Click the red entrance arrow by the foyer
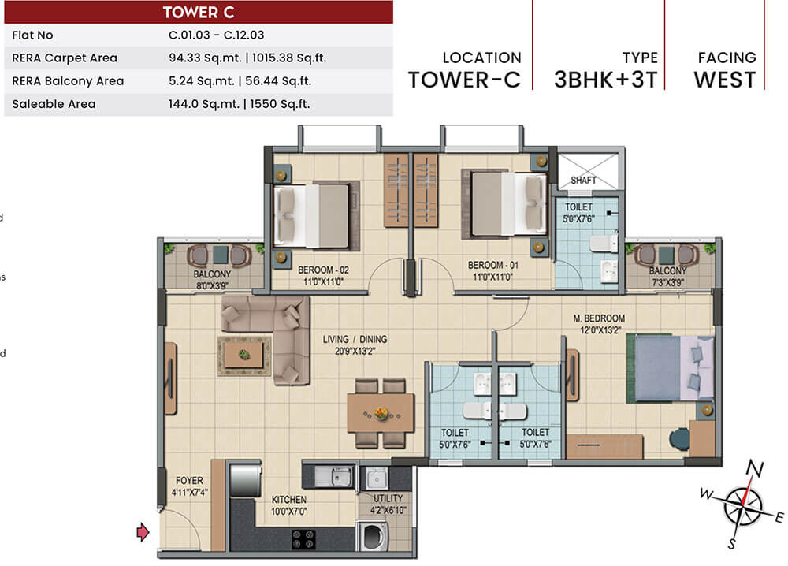click(143, 532)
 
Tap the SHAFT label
click(583, 180)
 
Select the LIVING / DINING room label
click(355, 339)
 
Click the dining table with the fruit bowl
click(381, 413)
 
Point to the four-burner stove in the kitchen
click(303, 539)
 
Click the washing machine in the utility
click(373, 536)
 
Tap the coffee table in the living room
click(243, 355)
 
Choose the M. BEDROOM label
click(599, 318)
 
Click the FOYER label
click(189, 481)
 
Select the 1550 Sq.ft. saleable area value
click(280, 104)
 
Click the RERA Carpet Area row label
click(65, 58)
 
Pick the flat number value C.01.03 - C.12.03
click(216, 35)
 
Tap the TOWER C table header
click(199, 12)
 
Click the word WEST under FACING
click(725, 80)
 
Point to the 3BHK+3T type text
click(605, 80)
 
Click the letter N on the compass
click(754, 468)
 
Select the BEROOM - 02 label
click(323, 270)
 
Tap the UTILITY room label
click(388, 498)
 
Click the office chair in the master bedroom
click(679, 438)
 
